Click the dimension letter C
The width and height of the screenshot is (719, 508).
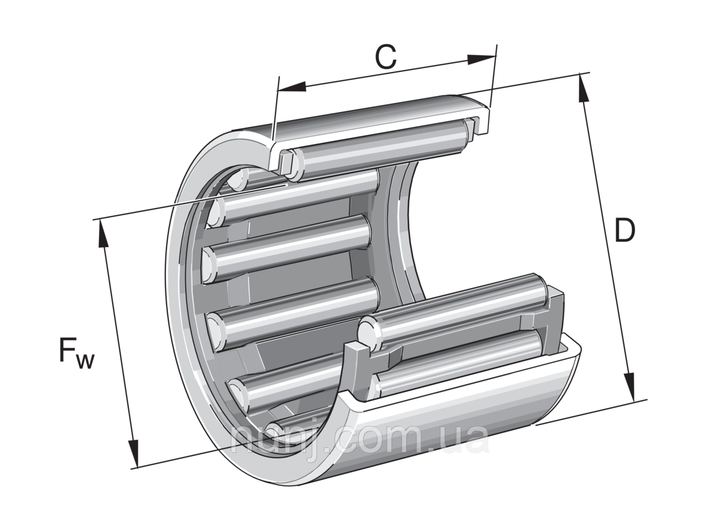tap(386, 58)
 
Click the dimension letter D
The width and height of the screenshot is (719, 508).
tap(624, 231)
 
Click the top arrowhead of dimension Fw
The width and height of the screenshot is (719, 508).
tap(104, 235)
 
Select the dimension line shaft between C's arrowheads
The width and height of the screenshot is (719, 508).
tap(389, 73)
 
